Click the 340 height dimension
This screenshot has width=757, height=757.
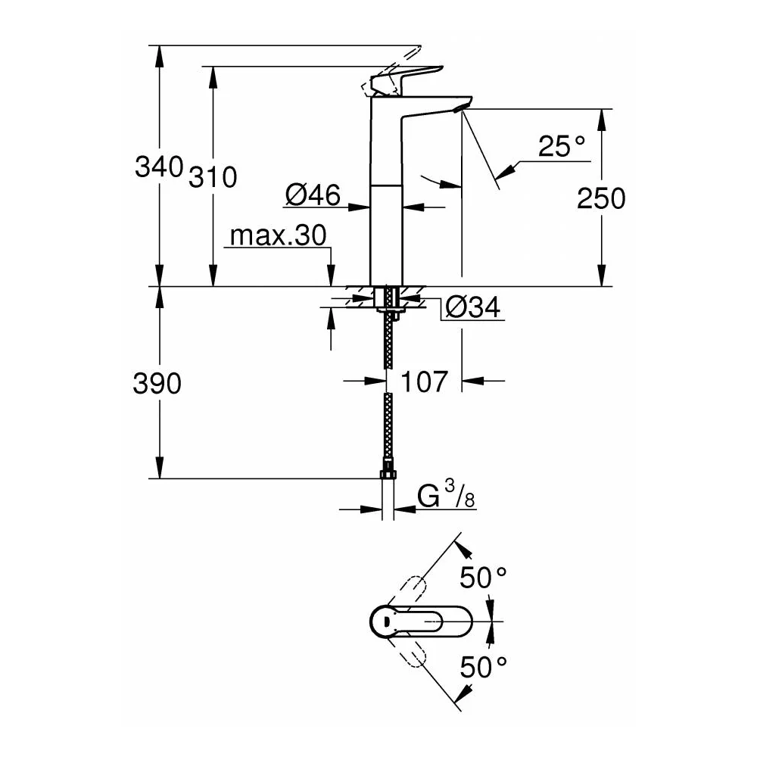click(x=159, y=167)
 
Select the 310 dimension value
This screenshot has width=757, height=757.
click(x=213, y=177)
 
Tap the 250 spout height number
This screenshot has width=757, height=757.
click(x=601, y=198)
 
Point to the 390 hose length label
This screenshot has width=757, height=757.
click(x=157, y=383)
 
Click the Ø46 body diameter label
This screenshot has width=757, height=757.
click(x=313, y=195)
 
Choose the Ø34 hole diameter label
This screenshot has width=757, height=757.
click(x=472, y=307)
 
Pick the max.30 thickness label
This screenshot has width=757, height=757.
click(x=278, y=235)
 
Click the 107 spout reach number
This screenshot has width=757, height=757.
click(x=425, y=382)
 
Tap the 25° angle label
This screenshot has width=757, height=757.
click(x=562, y=146)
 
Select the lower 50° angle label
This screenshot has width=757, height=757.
click(x=483, y=667)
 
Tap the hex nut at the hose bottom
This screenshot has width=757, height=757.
click(x=388, y=474)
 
